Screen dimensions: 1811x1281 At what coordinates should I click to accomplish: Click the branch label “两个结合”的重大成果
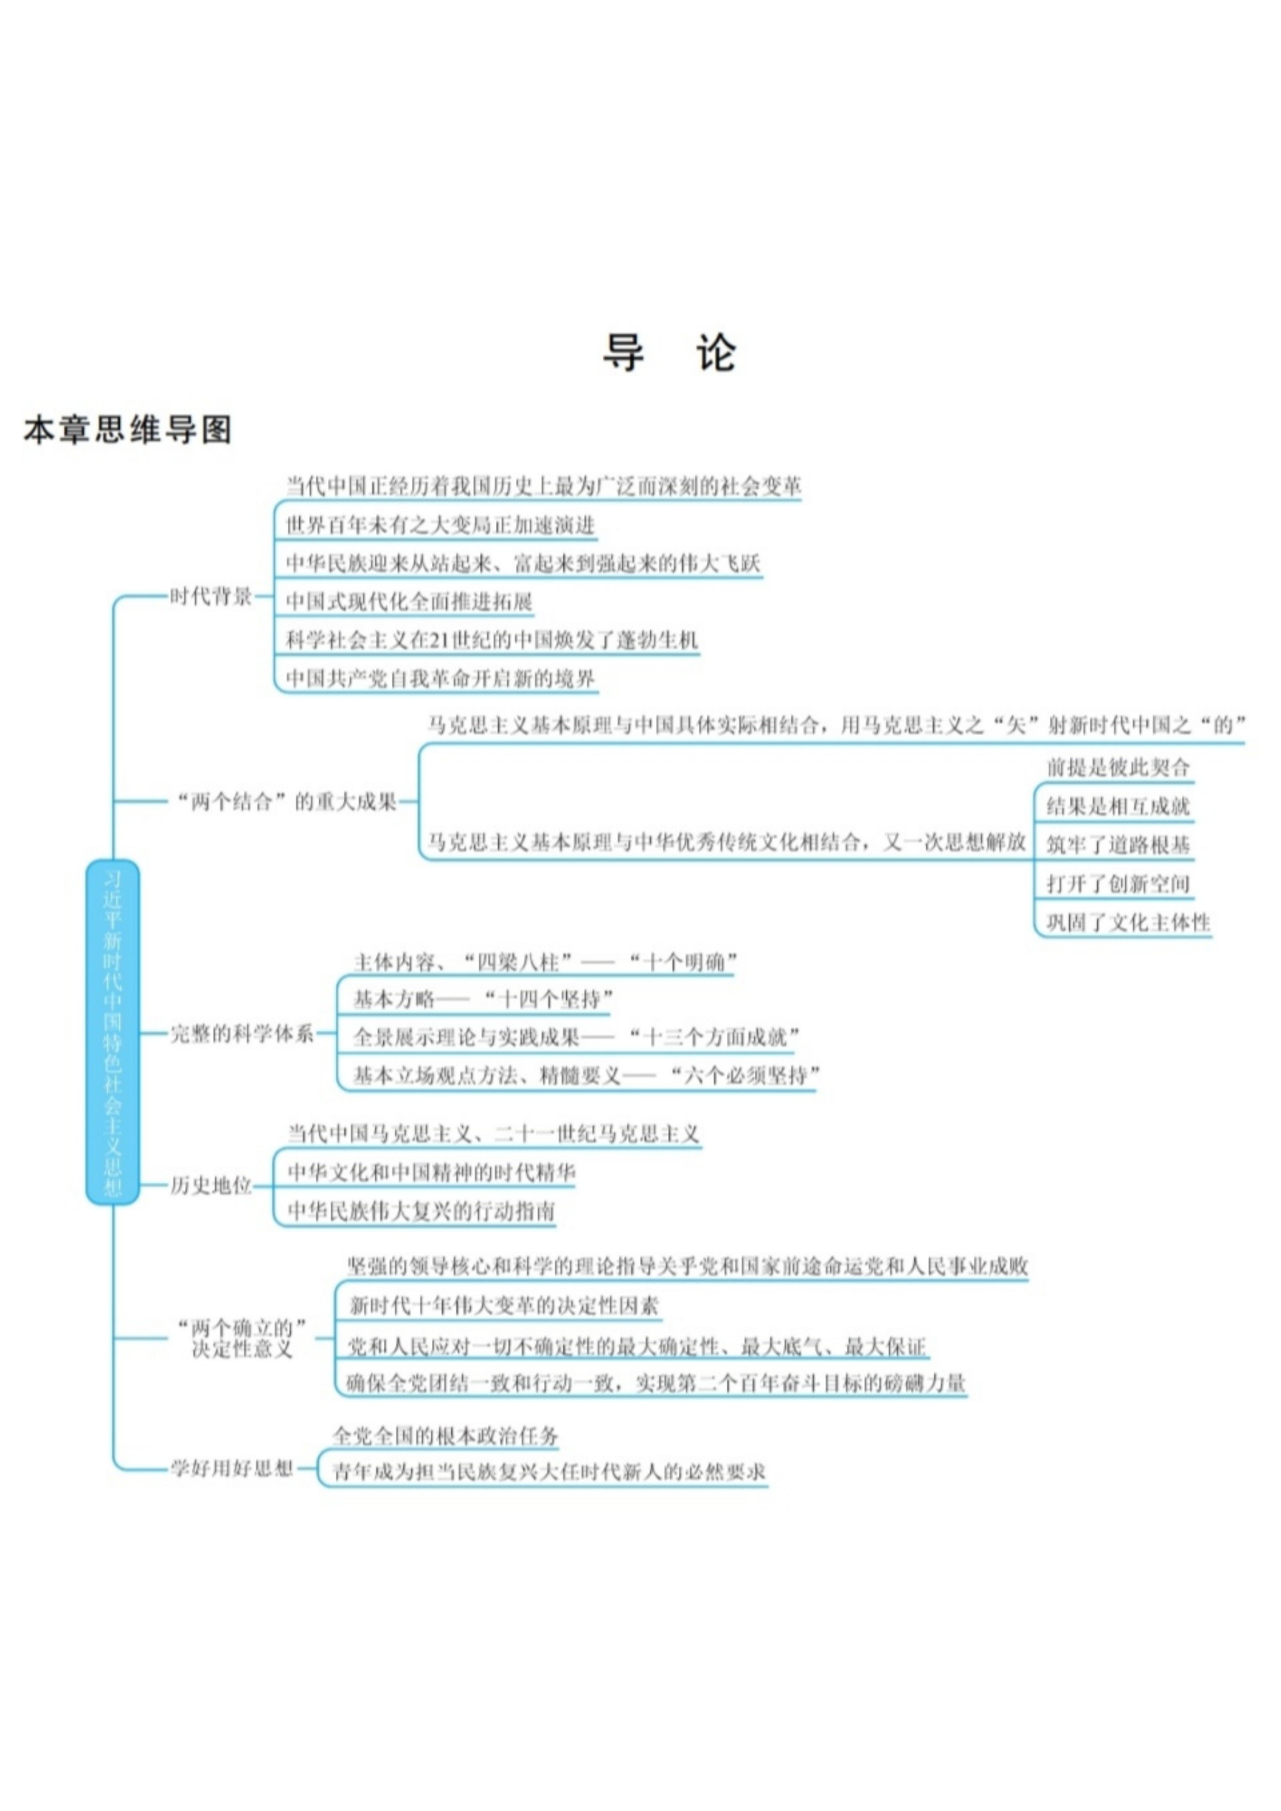[x=287, y=802]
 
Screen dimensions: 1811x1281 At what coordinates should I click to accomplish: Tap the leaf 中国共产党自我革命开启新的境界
[x=440, y=678]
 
